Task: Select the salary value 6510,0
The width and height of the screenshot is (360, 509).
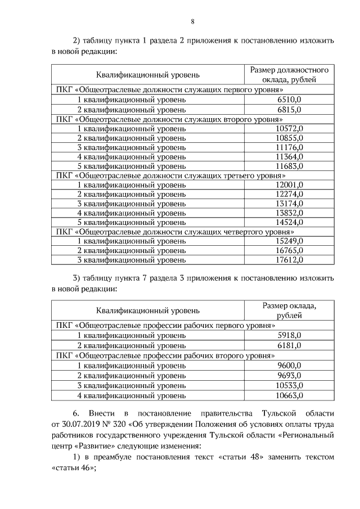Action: tap(290, 100)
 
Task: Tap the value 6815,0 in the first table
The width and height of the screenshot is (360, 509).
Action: tap(290, 110)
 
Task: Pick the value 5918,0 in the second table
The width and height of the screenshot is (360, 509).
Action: tap(290, 335)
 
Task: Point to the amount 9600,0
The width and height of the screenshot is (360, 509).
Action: tap(290, 365)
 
